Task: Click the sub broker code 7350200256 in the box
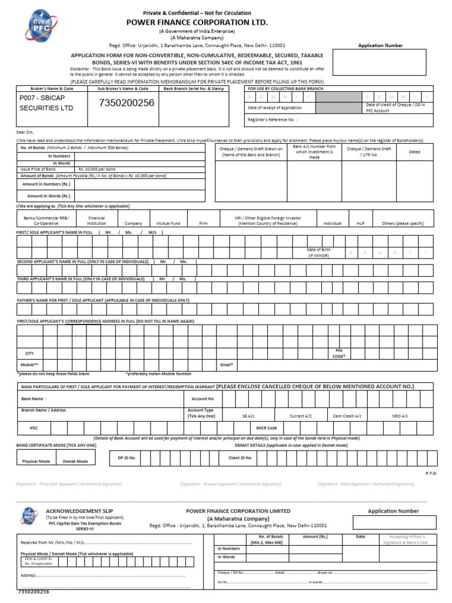127,103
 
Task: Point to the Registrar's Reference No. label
272,120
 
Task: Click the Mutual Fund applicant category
168,224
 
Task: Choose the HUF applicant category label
361,224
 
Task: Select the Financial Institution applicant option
97,221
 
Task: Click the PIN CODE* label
338,353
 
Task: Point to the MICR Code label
267,428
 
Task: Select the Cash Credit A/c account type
347,416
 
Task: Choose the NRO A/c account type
400,416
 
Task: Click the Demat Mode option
75,461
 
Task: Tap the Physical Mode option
36,461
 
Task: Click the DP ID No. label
127,457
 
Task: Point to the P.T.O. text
431,473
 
